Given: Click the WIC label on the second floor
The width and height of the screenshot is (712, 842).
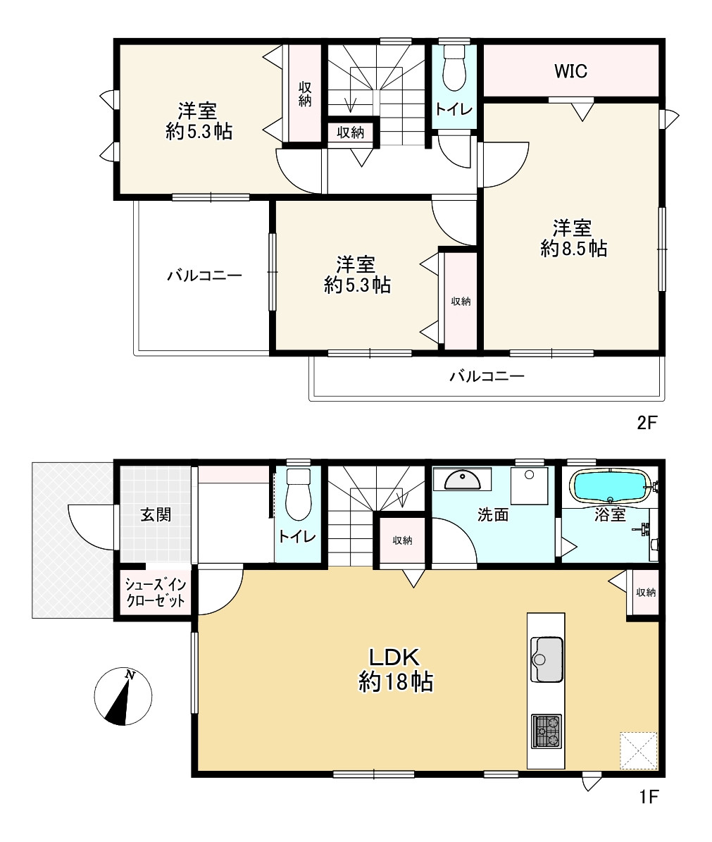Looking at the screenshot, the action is pyautogui.click(x=570, y=71).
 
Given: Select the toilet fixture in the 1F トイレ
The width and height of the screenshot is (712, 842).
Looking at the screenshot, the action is pyautogui.click(x=299, y=495).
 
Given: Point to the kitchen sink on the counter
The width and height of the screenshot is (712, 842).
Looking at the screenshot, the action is pyautogui.click(x=547, y=659).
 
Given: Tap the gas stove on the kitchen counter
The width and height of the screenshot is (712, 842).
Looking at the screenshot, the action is pyautogui.click(x=547, y=731).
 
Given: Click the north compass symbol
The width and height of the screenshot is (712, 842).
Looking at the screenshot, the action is pyautogui.click(x=123, y=696).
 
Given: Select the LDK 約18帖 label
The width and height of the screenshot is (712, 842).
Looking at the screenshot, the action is pyautogui.click(x=395, y=669).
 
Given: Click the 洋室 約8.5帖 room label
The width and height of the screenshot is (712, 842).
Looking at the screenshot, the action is pyautogui.click(x=573, y=238).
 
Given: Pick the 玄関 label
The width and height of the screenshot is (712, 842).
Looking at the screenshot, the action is pyautogui.click(x=156, y=514).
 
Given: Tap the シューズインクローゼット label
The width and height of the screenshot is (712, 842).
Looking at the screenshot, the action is pyautogui.click(x=155, y=593).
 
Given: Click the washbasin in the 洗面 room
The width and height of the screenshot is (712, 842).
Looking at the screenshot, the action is pyautogui.click(x=462, y=480).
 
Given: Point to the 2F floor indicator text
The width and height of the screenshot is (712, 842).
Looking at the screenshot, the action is pyautogui.click(x=647, y=423).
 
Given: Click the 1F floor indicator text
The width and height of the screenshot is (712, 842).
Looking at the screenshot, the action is pyautogui.click(x=649, y=796).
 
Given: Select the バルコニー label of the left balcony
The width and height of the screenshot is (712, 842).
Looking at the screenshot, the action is pyautogui.click(x=204, y=276).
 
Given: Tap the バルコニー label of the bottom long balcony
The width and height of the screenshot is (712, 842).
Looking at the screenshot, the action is pyautogui.click(x=487, y=376).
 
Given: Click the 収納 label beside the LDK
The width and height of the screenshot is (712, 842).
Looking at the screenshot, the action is pyautogui.click(x=646, y=593).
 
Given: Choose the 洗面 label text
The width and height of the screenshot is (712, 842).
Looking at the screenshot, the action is pyautogui.click(x=492, y=514).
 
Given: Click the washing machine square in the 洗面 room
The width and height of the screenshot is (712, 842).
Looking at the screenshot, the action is pyautogui.click(x=529, y=485).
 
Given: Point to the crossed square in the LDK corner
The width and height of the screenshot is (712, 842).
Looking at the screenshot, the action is pyautogui.click(x=639, y=750).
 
